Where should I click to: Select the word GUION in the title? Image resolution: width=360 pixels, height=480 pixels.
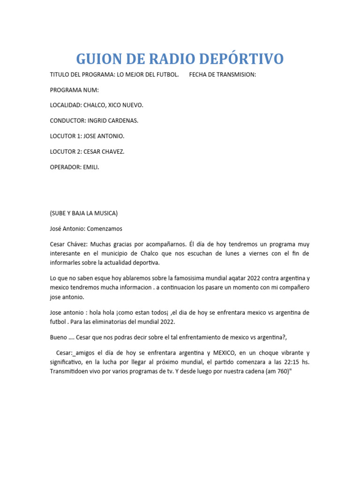97,59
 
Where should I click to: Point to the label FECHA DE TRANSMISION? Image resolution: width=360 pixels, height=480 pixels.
223,75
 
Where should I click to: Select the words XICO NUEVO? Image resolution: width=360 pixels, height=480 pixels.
124,105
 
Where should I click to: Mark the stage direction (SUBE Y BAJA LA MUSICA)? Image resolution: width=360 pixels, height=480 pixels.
84,213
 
